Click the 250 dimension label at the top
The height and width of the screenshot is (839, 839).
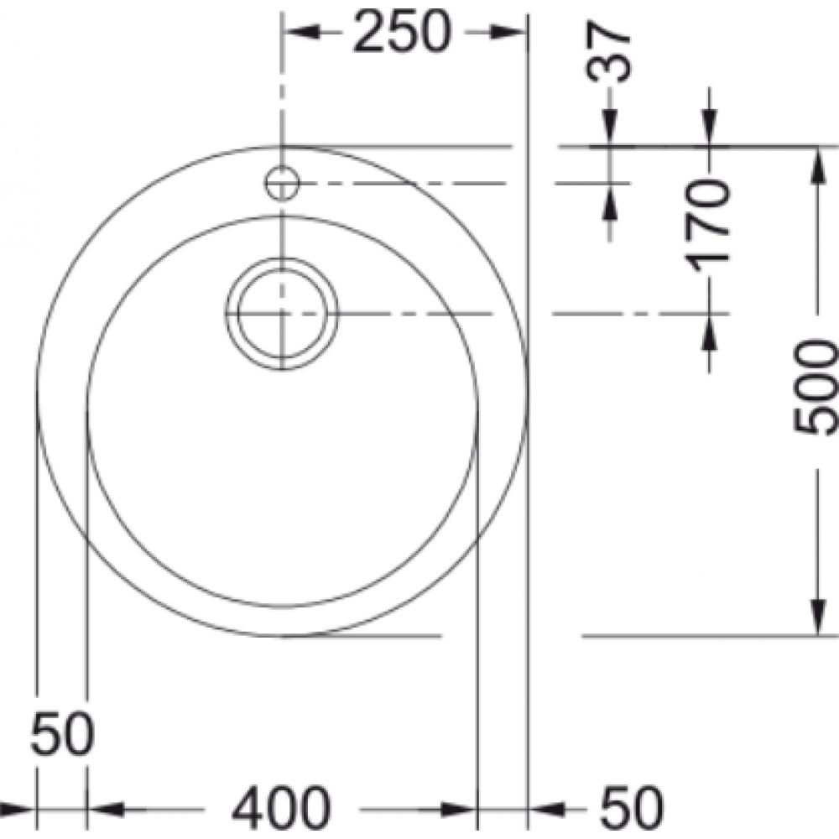[402, 32]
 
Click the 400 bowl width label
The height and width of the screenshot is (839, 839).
[281, 809]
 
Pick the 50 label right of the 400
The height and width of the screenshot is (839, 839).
[632, 809]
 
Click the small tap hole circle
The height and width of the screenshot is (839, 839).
[282, 184]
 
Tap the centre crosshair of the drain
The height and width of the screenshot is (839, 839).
[283, 314]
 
